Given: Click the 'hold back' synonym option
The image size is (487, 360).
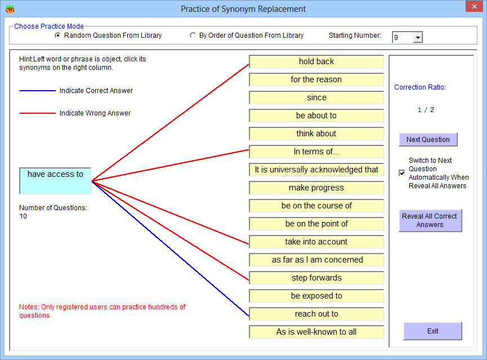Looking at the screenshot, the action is (x=316, y=61).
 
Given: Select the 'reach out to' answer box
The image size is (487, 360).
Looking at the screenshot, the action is (x=316, y=314).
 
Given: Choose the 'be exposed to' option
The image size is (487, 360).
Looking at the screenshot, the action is (x=316, y=296).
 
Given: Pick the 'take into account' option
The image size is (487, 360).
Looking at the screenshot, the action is (x=316, y=242).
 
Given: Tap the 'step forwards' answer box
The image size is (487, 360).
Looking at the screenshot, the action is (x=316, y=278).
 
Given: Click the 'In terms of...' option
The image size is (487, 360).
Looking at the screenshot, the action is (x=316, y=152).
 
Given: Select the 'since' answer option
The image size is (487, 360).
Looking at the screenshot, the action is (x=316, y=97).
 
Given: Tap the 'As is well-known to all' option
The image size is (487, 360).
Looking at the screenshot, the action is (x=316, y=332).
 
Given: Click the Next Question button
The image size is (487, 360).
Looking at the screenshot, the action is (x=428, y=140).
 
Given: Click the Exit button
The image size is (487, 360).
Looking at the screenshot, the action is (x=432, y=331).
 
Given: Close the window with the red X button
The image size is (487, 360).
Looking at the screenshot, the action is (x=474, y=6).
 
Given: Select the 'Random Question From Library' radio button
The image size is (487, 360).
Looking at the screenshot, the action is (x=57, y=35).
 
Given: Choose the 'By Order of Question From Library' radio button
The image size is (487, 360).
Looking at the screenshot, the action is (x=193, y=35).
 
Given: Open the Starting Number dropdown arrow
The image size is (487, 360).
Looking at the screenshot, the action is (x=418, y=38).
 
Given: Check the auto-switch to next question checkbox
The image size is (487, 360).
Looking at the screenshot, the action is (x=402, y=173).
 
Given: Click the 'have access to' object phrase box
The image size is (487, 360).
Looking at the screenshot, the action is (x=55, y=181).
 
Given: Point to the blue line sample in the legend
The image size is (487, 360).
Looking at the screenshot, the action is (x=37, y=91).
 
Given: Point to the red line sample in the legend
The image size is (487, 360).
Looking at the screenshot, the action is (x=37, y=113).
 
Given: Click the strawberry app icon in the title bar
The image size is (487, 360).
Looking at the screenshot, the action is (x=10, y=8).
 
